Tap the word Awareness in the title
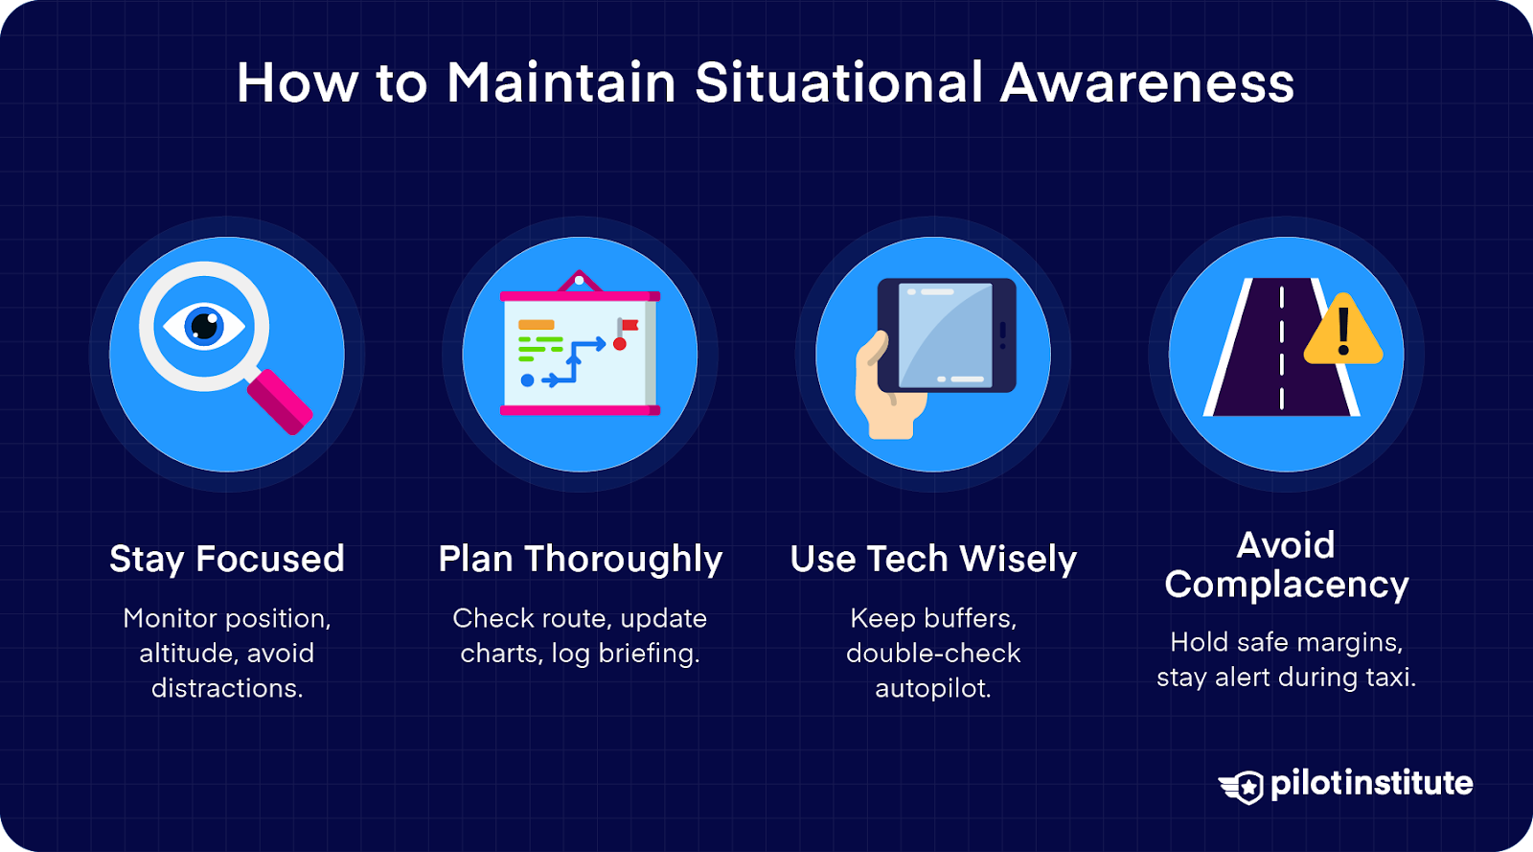(x=1147, y=82)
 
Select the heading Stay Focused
(x=226, y=559)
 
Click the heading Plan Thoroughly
(x=581, y=560)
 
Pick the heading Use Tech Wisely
(x=933, y=560)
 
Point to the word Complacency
(x=1287, y=586)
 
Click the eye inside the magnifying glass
(x=204, y=326)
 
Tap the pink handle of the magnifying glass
(x=280, y=402)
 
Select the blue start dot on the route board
(x=527, y=380)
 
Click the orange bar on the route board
(x=536, y=324)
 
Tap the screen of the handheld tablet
(x=945, y=335)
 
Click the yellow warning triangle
(x=1343, y=330)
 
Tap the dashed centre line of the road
(x=1282, y=348)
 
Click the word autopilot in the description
(x=933, y=688)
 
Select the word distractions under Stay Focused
(x=226, y=688)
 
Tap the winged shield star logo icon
(x=1242, y=787)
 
